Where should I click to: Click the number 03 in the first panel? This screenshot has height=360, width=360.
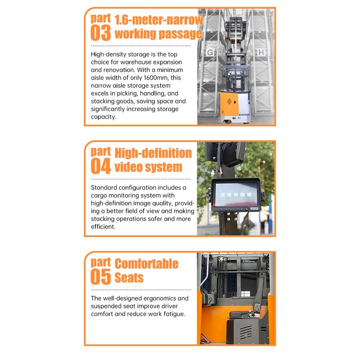click(100, 33)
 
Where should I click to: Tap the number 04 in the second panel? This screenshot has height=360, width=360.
click(100, 166)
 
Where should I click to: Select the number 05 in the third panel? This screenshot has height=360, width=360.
click(100, 277)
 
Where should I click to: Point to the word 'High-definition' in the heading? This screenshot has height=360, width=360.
click(153, 153)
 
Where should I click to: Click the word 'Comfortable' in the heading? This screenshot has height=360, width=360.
click(146, 264)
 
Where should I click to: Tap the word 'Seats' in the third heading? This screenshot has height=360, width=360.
click(129, 278)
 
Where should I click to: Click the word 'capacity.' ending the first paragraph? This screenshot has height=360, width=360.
click(103, 117)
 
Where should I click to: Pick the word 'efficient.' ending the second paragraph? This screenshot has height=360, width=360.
click(103, 227)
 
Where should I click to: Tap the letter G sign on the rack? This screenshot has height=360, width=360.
click(209, 53)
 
